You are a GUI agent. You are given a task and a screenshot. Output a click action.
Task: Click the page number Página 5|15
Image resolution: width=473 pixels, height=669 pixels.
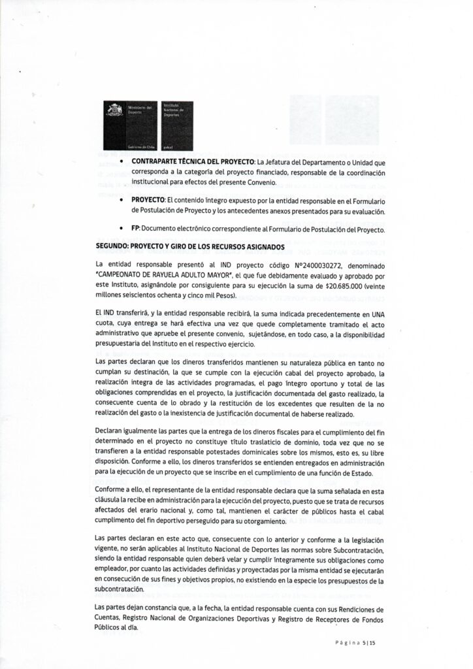pos(358,644)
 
